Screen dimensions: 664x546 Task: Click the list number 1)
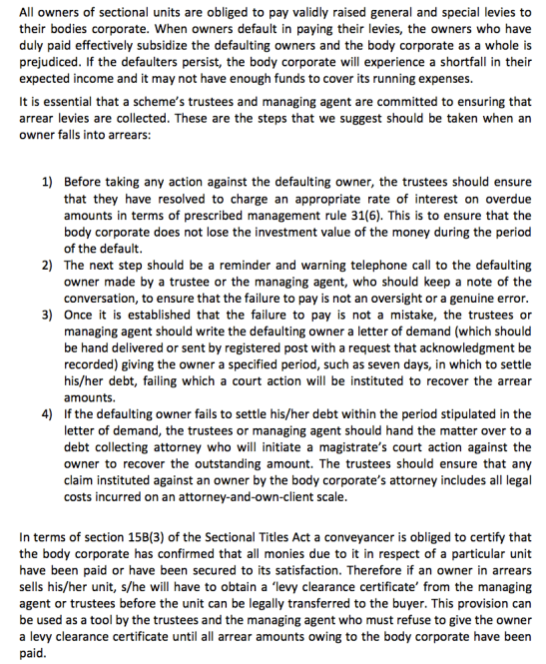46,184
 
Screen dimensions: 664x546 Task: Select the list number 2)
46,266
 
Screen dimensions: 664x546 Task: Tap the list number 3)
46,315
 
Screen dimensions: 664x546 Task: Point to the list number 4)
46,412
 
